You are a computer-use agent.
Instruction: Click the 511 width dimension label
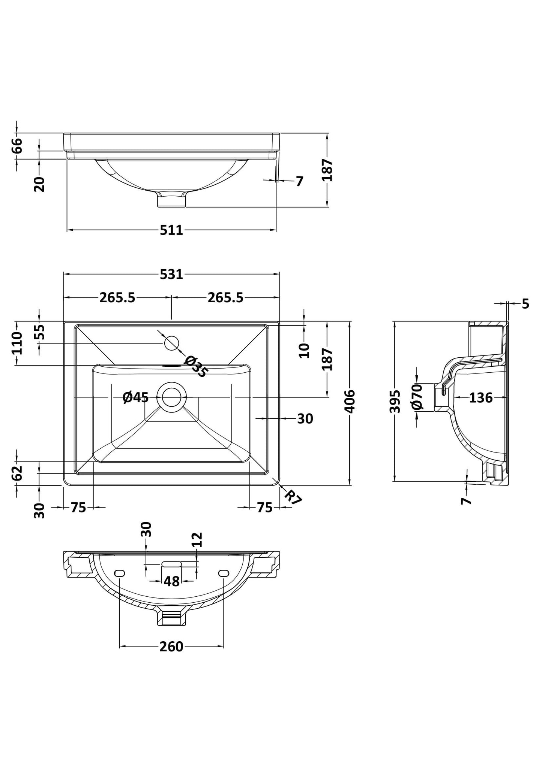click(x=171, y=230)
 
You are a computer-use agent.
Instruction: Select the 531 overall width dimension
click(x=171, y=274)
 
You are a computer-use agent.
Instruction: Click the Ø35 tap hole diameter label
click(x=195, y=366)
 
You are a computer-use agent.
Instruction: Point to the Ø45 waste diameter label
click(x=135, y=397)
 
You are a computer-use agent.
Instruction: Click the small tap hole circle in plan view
click(x=172, y=343)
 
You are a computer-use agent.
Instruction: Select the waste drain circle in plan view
click(x=172, y=397)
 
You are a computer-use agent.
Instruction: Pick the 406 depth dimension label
click(x=350, y=401)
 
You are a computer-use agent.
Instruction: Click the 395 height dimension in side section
click(x=395, y=402)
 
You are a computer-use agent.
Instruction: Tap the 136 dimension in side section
click(x=481, y=397)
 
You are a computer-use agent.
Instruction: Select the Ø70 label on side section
click(x=417, y=397)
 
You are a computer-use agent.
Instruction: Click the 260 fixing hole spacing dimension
click(x=171, y=647)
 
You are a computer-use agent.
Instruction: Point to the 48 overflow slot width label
click(x=171, y=581)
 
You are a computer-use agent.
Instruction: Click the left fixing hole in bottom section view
click(x=119, y=573)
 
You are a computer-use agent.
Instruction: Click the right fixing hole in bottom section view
click(x=224, y=573)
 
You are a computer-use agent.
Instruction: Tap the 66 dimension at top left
click(x=17, y=145)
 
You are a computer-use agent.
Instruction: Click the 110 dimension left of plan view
click(x=17, y=343)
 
